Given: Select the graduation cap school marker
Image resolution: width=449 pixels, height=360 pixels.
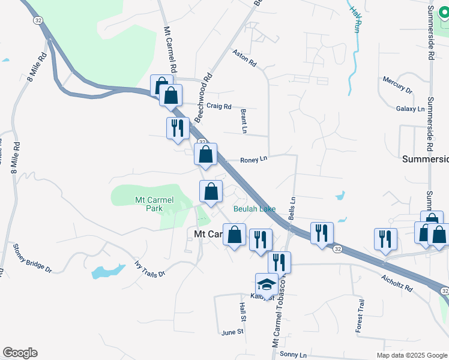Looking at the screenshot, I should [x=266, y=284].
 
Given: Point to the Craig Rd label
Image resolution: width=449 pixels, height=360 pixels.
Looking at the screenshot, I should [x=218, y=107].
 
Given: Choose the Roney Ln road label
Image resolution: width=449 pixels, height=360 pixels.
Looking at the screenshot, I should [x=253, y=160].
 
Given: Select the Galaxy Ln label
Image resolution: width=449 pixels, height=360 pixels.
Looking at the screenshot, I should [x=410, y=109].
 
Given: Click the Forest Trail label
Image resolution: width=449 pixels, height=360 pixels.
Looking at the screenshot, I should [x=360, y=316].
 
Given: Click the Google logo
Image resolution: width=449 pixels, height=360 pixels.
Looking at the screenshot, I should [x=19, y=353].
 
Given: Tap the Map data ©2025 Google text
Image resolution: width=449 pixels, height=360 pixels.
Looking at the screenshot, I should [x=411, y=355].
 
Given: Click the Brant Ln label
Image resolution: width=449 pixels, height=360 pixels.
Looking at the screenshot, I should [x=244, y=122].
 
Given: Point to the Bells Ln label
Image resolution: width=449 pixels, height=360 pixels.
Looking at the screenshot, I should [x=293, y=207].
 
